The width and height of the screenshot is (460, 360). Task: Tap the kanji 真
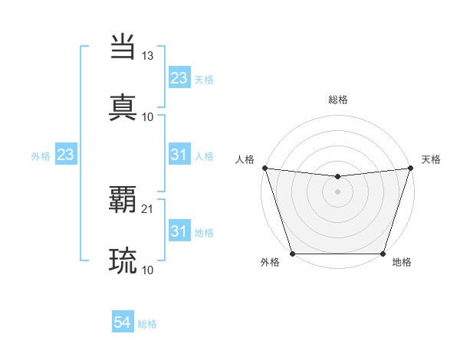123,106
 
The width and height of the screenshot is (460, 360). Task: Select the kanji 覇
123,200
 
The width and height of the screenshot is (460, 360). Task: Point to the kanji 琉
123,260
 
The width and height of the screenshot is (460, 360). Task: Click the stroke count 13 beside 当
148,56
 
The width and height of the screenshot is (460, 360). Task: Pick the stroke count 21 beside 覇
148,208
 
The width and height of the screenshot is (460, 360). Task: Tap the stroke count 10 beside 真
148,116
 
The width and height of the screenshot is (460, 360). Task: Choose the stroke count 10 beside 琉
148,270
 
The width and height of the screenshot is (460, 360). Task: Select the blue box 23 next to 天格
179,78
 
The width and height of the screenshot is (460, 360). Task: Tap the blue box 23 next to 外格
66,155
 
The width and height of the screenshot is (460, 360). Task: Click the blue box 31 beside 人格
179,155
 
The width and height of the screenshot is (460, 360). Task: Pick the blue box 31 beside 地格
179,231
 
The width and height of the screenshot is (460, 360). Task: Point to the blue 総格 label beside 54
148,325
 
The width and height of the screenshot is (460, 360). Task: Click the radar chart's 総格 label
338,100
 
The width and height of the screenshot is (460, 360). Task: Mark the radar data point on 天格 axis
411,168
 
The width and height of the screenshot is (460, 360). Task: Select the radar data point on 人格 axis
264,168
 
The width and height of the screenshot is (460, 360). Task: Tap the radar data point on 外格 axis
293,254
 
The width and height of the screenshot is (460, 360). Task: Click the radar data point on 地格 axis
383,254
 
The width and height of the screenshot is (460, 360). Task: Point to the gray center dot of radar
338,191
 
